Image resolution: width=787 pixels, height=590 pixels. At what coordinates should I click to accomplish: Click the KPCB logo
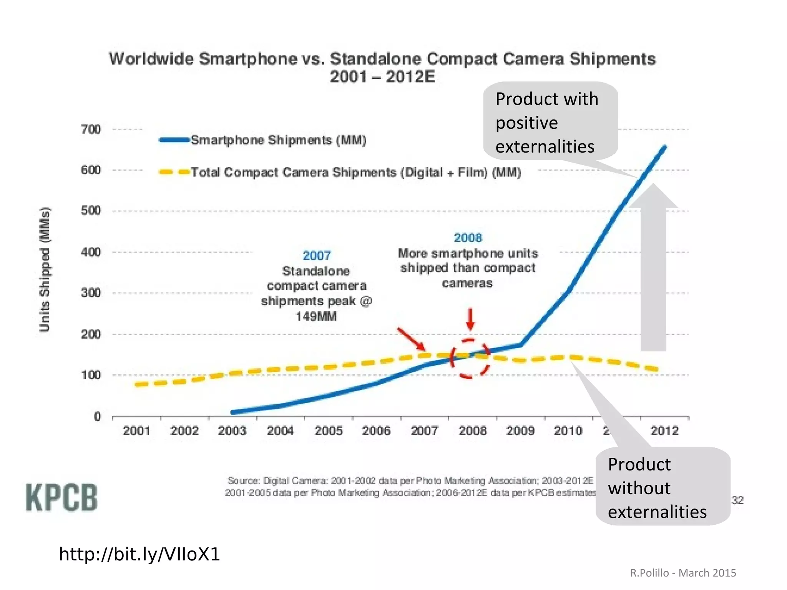coord(61,497)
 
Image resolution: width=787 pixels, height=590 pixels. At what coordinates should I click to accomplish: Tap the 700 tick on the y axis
coord(91,129)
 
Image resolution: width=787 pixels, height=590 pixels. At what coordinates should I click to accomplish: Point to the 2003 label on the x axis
coord(232,430)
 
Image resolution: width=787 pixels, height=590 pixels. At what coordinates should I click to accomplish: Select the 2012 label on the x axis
coord(664,430)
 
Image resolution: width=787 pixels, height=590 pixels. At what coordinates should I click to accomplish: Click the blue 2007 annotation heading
coord(316,255)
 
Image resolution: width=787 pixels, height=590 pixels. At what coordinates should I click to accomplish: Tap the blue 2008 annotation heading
coord(468,238)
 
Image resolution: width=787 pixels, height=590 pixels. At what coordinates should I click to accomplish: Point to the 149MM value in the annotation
coord(316,316)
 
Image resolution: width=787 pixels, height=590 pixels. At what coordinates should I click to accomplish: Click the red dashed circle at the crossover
coord(470,359)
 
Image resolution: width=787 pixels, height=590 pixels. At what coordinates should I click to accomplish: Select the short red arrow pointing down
coord(470,319)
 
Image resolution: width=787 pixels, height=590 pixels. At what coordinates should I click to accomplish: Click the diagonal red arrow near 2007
coord(411,339)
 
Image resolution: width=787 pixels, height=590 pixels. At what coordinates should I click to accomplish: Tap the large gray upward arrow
coord(653,269)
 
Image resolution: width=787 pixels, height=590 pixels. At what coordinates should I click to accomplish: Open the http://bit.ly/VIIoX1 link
coord(139,554)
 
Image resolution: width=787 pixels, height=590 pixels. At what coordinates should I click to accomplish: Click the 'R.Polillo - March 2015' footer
coord(683,573)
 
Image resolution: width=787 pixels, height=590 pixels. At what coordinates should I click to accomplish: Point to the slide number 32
coord(737,500)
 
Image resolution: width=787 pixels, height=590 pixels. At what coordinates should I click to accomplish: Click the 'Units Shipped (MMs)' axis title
coord(45,269)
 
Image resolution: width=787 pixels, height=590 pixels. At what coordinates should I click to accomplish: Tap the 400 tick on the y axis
coord(91,252)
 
